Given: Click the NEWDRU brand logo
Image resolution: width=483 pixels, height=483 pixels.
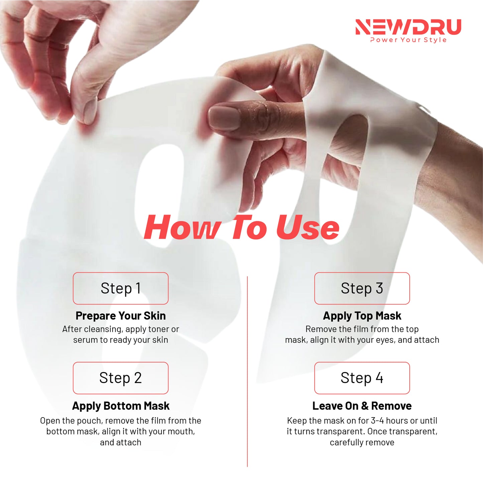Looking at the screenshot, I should [408, 27].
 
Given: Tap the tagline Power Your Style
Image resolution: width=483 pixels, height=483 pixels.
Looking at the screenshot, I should [408, 40].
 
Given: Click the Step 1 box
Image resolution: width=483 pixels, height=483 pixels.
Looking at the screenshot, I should [121, 288].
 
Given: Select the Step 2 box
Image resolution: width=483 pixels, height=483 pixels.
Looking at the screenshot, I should [121, 378].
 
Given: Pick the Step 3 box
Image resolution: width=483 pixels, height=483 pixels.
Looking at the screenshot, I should [362, 288].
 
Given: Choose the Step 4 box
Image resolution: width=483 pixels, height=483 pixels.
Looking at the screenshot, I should [362, 378].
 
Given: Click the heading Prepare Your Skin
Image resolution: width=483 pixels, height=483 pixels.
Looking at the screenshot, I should [121, 316].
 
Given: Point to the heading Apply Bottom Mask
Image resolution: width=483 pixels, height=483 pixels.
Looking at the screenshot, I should [121, 406].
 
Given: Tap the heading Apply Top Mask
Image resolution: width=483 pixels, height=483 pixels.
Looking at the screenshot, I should [362, 316].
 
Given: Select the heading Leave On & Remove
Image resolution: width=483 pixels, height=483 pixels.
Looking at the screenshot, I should [362, 406].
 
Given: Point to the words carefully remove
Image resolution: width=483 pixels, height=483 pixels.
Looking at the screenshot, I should [362, 443].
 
